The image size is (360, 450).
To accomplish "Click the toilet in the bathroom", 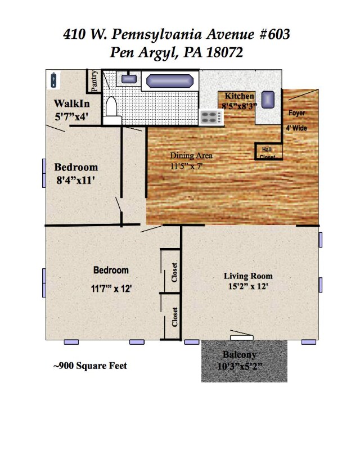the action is coord(112,110).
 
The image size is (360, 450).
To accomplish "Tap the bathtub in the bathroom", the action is coord(170,81).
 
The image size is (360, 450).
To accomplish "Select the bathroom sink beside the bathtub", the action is coord(129,79).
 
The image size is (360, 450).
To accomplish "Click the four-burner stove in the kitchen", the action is coord(211,118).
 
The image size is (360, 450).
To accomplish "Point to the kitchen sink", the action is coord(268,100).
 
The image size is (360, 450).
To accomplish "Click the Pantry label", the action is coord(94,81).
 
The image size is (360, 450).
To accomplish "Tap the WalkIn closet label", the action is coord(72,103).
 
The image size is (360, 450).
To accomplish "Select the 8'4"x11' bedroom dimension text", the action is coord(75,180).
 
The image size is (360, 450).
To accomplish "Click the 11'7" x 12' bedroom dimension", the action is coord(111,289).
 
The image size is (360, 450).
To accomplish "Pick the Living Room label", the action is coord(248,276).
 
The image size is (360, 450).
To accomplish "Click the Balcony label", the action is coord(240,355).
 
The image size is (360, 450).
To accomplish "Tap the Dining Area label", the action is coord(191,156).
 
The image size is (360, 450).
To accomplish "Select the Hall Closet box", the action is coord(269,151).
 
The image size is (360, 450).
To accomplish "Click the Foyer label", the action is coord(296,113).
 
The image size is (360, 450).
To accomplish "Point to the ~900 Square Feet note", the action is coord(90,366).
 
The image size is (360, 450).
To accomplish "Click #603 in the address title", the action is coord(274,34).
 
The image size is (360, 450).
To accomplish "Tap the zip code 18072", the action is coord(224,52).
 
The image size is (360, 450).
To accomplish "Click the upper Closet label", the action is coord(174,272).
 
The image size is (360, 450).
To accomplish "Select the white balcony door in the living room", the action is coord(242,338).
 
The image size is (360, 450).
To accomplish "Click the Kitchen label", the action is coord(239,96).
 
